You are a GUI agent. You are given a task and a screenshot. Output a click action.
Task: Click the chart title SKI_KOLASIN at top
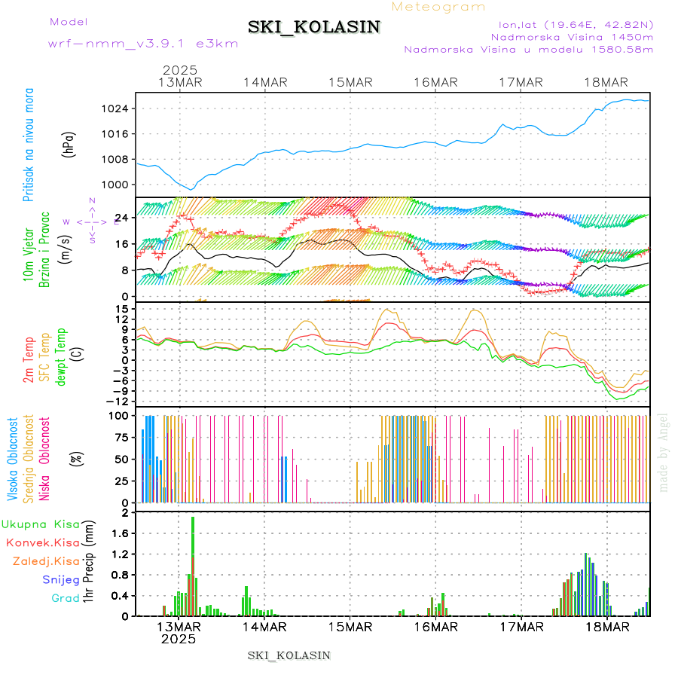tap(314, 27)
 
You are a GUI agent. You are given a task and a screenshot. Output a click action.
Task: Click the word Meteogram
tap(439, 7)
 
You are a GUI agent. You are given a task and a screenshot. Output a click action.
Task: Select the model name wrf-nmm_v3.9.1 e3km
tap(143, 43)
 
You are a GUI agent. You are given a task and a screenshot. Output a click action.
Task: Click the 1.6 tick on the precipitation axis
tap(121, 533)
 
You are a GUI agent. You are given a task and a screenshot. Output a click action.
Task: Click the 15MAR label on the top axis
tap(350, 82)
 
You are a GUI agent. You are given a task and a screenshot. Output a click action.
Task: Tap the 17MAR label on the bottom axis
tap(521, 627)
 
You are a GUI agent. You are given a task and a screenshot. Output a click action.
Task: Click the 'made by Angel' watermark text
tap(664, 452)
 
